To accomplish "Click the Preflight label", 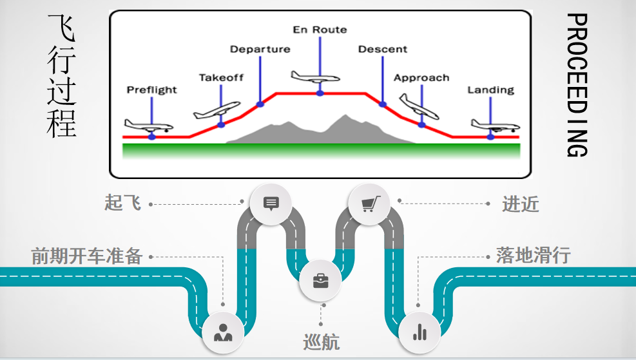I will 151,90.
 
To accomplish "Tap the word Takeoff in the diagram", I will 221,77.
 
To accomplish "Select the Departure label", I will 260,49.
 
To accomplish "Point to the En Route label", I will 320,30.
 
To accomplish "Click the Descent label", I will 383,49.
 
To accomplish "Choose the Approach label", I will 421,78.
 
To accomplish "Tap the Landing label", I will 491,90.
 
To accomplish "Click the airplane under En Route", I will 314,76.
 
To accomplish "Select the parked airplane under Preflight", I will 147,124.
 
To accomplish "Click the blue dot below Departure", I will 260,103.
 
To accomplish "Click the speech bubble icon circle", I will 271,204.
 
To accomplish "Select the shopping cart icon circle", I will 369,204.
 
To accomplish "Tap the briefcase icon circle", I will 320,281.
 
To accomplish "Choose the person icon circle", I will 223,332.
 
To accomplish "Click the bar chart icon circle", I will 419,332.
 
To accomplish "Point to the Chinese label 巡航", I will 321,342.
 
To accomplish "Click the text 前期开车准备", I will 87,256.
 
